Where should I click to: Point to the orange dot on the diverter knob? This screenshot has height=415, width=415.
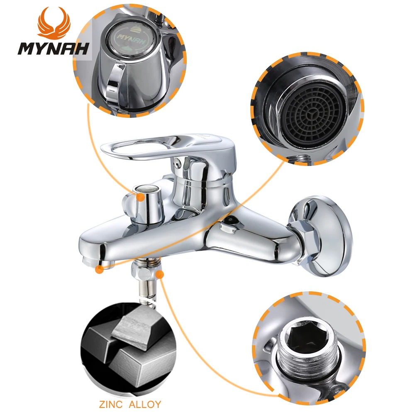pos(142,198)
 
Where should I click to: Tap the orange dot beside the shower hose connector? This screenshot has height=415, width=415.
pos(160,274)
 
